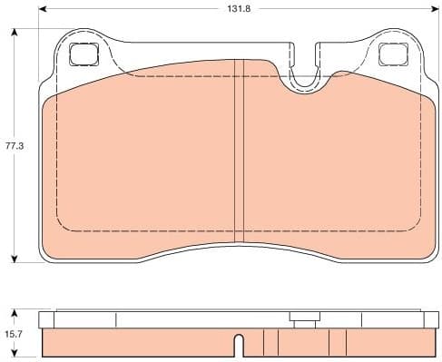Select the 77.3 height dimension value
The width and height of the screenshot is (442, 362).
click(13, 144)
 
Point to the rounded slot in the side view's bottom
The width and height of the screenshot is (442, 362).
click(238, 346)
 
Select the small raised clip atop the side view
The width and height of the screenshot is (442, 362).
click(302, 317)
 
